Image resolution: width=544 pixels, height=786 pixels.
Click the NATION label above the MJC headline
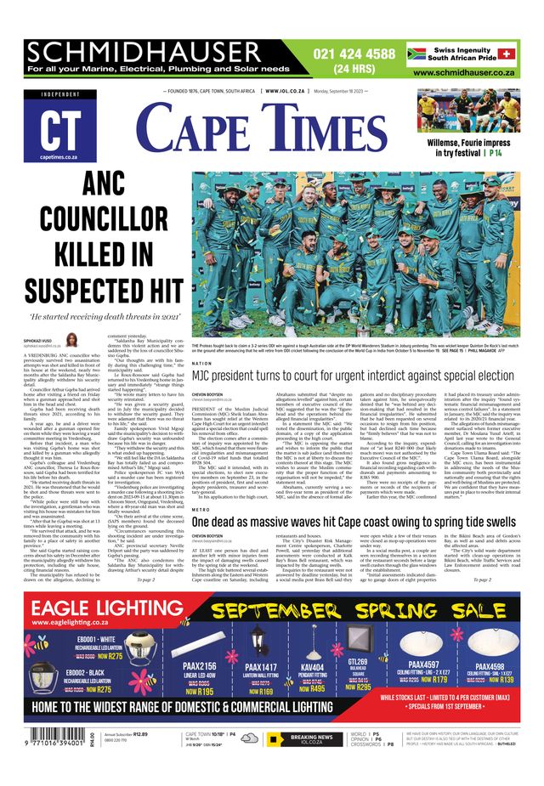[x=202, y=363]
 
